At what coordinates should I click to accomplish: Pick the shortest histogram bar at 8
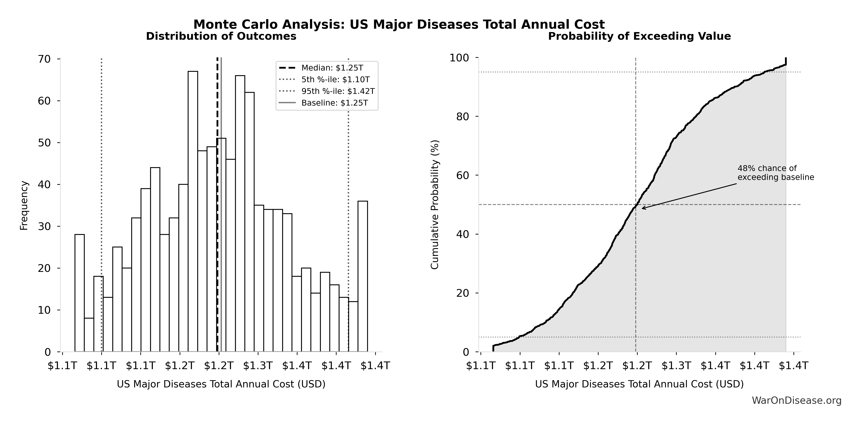pyautogui.click(x=89, y=335)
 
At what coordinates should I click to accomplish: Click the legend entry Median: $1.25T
pyautogui.click(x=332, y=68)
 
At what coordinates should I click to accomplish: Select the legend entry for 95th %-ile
pyautogui.click(x=338, y=91)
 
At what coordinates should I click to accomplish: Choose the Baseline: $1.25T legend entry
pyautogui.click(x=334, y=103)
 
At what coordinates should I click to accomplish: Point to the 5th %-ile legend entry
pyautogui.click(x=335, y=80)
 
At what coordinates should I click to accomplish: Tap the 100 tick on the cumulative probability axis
pyautogui.click(x=459, y=58)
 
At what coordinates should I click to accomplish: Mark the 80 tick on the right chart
pyautogui.click(x=463, y=117)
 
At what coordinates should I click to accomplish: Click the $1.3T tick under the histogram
pyautogui.click(x=258, y=366)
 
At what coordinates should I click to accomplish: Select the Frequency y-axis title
pyautogui.click(x=24, y=205)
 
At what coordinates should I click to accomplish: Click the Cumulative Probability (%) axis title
pyautogui.click(x=434, y=205)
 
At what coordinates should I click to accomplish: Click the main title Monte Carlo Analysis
pyautogui.click(x=399, y=24)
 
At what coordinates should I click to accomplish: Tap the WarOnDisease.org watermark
pyautogui.click(x=796, y=400)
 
